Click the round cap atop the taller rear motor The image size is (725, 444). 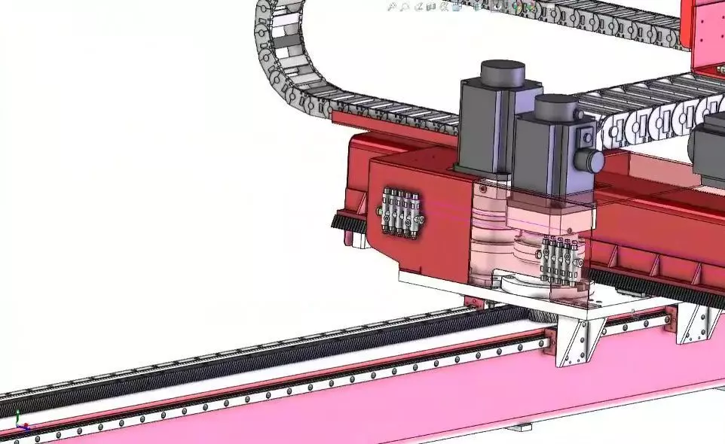pyautogui.click(x=503, y=73)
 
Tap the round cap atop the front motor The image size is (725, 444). pyautogui.click(x=556, y=106)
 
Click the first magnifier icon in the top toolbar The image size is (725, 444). pyautogui.click(x=392, y=7)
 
